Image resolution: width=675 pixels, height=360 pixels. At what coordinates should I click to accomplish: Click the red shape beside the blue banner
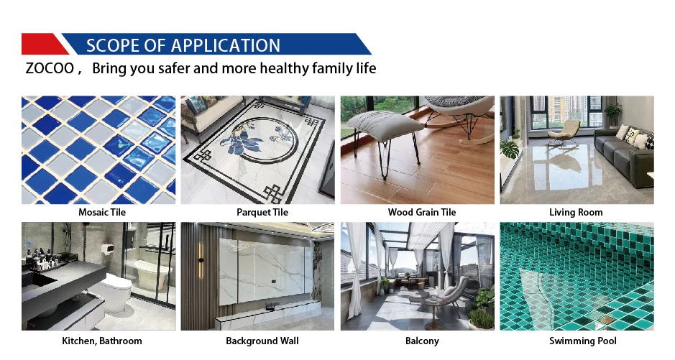pyautogui.click(x=42, y=43)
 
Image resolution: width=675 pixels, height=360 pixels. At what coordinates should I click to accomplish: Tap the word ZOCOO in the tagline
pyautogui.click(x=50, y=68)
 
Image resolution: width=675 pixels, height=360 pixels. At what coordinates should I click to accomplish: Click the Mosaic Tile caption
pyautogui.click(x=102, y=212)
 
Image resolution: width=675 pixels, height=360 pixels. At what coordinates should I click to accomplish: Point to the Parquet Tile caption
pyautogui.click(x=262, y=212)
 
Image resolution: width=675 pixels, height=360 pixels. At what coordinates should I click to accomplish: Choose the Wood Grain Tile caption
pyautogui.click(x=421, y=212)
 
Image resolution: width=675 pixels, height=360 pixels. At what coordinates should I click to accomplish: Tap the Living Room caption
pyautogui.click(x=576, y=212)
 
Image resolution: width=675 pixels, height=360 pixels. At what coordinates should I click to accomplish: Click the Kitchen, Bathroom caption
pyautogui.click(x=102, y=341)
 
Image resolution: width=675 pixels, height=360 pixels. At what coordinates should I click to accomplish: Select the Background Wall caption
pyautogui.click(x=262, y=341)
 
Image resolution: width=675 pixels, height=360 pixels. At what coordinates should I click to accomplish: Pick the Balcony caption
pyautogui.click(x=422, y=341)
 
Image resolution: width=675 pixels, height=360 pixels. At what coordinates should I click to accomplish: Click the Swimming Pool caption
pyautogui.click(x=582, y=341)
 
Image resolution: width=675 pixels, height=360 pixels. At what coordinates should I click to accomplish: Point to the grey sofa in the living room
pyautogui.click(x=623, y=154)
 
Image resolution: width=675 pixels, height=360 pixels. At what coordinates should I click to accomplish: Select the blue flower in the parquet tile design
pyautogui.click(x=240, y=143)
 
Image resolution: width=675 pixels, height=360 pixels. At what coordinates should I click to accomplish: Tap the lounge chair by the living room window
pyautogui.click(x=564, y=131)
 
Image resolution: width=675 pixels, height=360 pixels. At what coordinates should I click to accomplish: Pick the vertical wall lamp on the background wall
pyautogui.click(x=200, y=262)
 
